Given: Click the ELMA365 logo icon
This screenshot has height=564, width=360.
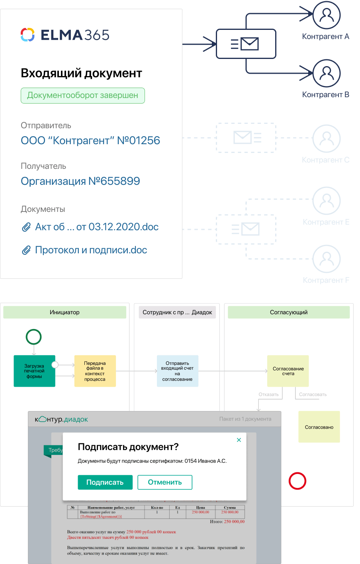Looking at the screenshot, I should (x=27, y=35).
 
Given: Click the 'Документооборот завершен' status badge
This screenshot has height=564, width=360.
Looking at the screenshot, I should (x=82, y=96).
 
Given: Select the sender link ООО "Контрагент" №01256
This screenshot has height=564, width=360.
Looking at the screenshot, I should (x=90, y=141).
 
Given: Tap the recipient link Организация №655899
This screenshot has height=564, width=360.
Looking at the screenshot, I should (x=80, y=181).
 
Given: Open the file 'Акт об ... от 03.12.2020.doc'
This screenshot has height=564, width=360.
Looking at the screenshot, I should (x=96, y=227).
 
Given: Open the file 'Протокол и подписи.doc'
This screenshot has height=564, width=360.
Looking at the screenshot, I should (x=91, y=250).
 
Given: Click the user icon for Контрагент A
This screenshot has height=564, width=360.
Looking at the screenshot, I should (x=327, y=15).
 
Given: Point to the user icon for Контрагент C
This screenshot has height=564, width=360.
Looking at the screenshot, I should (x=327, y=138).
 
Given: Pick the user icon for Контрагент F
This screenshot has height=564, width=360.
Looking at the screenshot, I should (x=327, y=259).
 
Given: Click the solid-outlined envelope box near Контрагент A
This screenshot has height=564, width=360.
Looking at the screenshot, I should (x=246, y=44).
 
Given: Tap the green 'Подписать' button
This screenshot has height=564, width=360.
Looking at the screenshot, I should (x=105, y=482).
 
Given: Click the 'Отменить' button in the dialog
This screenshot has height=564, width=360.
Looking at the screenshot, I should (x=165, y=482).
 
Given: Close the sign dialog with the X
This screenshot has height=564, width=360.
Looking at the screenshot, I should (x=239, y=440).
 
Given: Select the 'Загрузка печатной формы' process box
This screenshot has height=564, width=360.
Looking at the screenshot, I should (x=34, y=371).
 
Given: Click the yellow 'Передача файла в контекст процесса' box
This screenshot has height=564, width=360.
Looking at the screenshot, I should (x=95, y=371).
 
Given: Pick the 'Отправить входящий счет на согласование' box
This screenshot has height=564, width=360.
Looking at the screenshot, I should (x=177, y=371).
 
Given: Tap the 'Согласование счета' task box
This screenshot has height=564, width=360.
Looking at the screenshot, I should (x=288, y=371).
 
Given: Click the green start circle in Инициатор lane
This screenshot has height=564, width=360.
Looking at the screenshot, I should (x=33, y=337).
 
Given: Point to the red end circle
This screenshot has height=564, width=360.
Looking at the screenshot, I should (x=297, y=481).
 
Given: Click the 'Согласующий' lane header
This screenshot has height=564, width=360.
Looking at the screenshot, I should (x=289, y=312).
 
